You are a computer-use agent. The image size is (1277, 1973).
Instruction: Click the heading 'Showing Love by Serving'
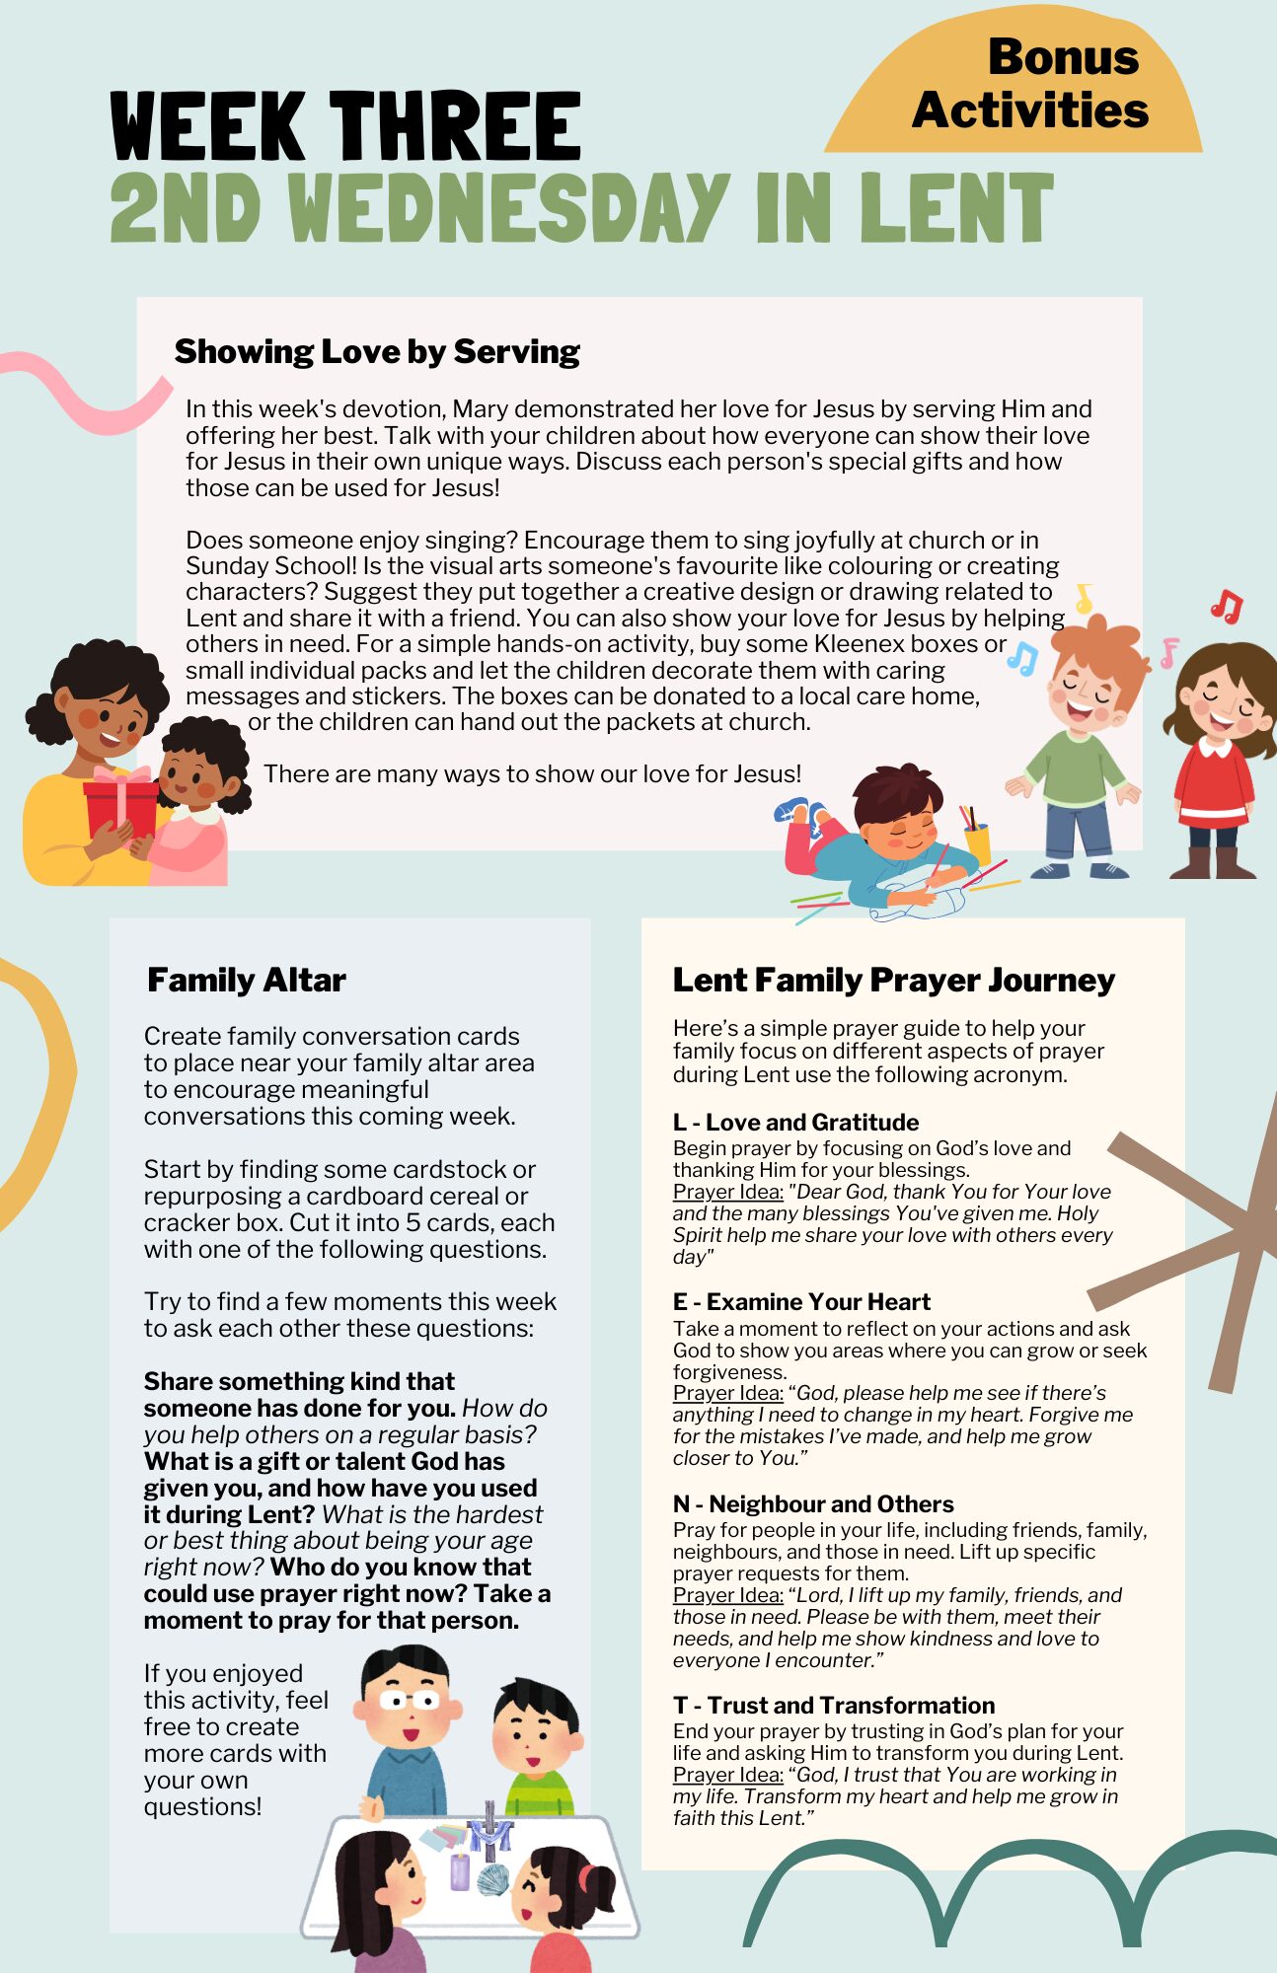377,351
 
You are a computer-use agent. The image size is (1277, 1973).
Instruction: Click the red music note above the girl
1227,605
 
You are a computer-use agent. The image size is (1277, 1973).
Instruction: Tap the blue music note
1022,658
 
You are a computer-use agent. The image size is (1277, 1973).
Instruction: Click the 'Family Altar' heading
247,980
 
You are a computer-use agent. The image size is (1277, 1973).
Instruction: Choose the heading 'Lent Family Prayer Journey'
893,980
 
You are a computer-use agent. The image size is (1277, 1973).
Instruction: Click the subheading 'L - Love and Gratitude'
795,1122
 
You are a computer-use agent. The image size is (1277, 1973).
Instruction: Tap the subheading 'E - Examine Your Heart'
801,1301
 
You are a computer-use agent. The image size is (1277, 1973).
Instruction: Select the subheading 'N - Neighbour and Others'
813,1503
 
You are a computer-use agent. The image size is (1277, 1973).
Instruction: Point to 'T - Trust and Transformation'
834,1705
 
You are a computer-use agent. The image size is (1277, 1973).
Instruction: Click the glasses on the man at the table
409,1700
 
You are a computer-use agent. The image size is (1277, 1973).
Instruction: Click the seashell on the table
492,1880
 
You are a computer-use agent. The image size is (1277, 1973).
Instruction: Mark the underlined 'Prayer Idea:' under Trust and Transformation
727,1775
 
